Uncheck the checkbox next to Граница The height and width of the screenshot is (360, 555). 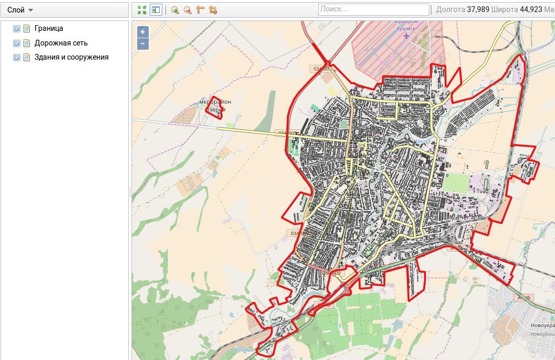coord(17,29)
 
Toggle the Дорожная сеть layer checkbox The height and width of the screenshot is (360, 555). coord(17,43)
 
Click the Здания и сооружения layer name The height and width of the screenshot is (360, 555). coord(72,57)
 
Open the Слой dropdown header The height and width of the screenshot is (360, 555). coord(20,10)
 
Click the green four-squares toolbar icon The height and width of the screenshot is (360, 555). coord(141,10)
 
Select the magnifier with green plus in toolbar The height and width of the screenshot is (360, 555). coord(175,10)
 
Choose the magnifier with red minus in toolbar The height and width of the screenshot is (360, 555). coord(187,10)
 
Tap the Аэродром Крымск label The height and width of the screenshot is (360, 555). coord(404,26)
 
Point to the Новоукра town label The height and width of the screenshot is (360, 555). coord(542,325)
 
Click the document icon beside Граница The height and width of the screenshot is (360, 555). coord(27,29)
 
